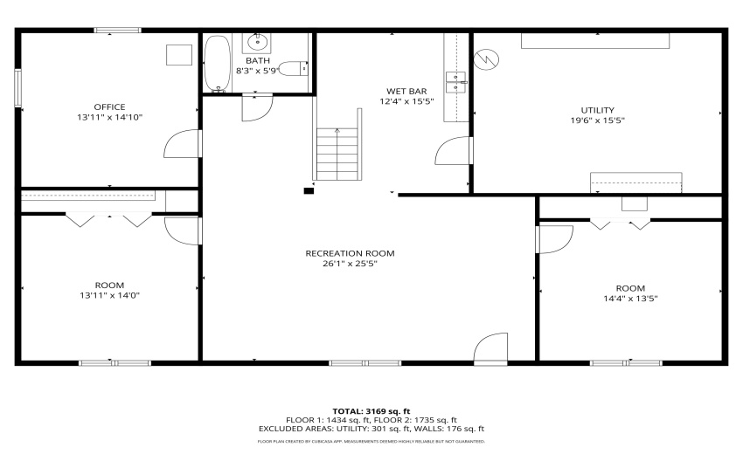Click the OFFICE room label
coord(109,107)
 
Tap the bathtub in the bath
coord(217,64)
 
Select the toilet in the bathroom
coord(298,68)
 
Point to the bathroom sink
coord(258,41)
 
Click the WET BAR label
coord(406,91)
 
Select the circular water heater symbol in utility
coord(485,58)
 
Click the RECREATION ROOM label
coord(350,253)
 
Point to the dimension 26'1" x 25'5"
coord(350,264)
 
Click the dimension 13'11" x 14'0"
coord(109,295)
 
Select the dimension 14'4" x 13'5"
coord(630,299)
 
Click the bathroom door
coord(257,105)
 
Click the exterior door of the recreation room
coord(491,347)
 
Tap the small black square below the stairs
coord(309,189)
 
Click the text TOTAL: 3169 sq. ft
coord(371,410)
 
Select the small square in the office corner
coord(180,53)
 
